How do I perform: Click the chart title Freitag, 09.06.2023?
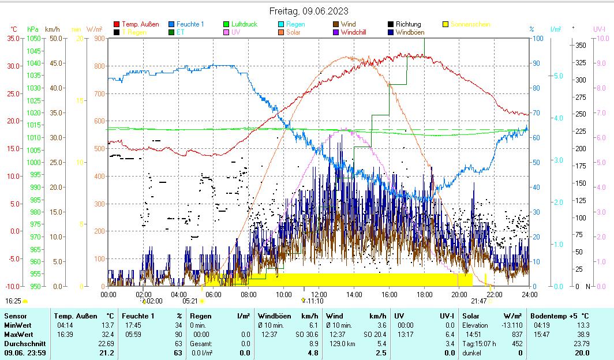point(309,11)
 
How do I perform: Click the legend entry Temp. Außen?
point(140,24)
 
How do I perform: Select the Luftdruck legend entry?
point(244,24)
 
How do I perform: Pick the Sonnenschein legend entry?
point(470,24)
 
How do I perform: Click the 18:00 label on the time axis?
point(424,294)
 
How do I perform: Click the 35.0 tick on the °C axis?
point(13,38)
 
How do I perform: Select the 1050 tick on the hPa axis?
point(33,38)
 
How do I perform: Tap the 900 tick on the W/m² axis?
point(99,38)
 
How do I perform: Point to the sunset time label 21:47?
point(478,301)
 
